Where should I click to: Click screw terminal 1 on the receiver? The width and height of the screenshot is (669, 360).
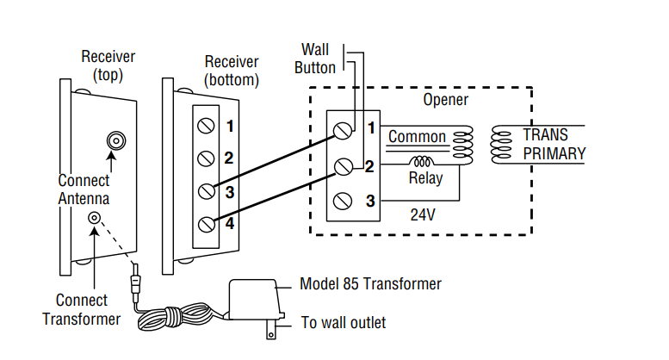(206, 127)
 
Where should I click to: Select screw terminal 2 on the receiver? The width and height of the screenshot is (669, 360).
(206, 158)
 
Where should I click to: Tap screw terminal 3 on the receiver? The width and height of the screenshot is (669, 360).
(206, 191)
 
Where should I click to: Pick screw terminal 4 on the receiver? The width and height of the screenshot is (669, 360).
(206, 224)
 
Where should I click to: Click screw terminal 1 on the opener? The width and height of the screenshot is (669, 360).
(343, 130)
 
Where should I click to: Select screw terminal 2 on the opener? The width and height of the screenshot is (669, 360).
(343, 166)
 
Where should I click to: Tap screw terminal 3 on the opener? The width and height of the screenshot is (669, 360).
(343, 202)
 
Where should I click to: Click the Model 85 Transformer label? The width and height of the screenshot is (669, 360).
(370, 284)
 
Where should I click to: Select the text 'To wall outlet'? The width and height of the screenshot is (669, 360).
(344, 323)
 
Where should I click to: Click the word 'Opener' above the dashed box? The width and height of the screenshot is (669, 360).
(445, 100)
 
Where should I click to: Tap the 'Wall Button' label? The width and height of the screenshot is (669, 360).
(315, 58)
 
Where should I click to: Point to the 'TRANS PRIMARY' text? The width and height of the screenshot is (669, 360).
(554, 145)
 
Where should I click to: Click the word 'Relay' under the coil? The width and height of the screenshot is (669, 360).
(425, 179)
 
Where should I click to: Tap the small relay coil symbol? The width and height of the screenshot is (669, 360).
(423, 161)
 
